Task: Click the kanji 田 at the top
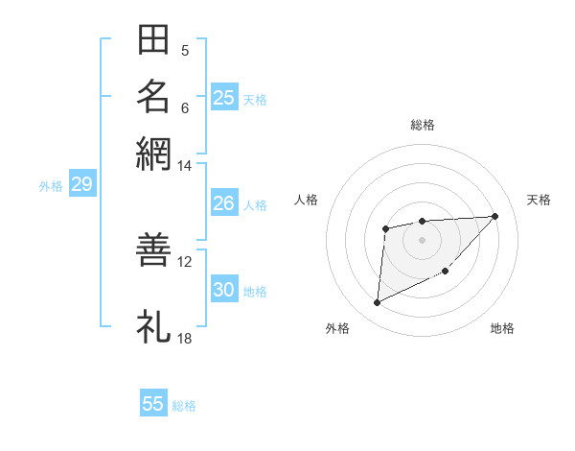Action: coord(153,40)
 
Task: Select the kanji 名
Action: coord(153,96)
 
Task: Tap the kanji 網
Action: coord(153,152)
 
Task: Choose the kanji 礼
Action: coord(153,326)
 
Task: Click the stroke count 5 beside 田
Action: coord(185,51)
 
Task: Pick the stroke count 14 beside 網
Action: coord(185,166)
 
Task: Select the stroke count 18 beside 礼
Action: coord(185,338)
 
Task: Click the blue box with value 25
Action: coord(223,98)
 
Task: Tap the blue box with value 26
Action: coord(223,203)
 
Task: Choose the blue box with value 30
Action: coord(223,291)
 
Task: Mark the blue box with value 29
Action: coord(81,185)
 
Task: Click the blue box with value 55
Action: coord(153,404)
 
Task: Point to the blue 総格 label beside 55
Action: coord(184,406)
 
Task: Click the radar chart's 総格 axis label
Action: coord(422,125)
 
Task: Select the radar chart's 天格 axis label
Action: coord(539,200)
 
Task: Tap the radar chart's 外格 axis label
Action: coord(337,328)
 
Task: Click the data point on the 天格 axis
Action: coord(494,216)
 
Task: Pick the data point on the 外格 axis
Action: coord(377,302)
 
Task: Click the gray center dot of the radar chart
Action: coord(422,239)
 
